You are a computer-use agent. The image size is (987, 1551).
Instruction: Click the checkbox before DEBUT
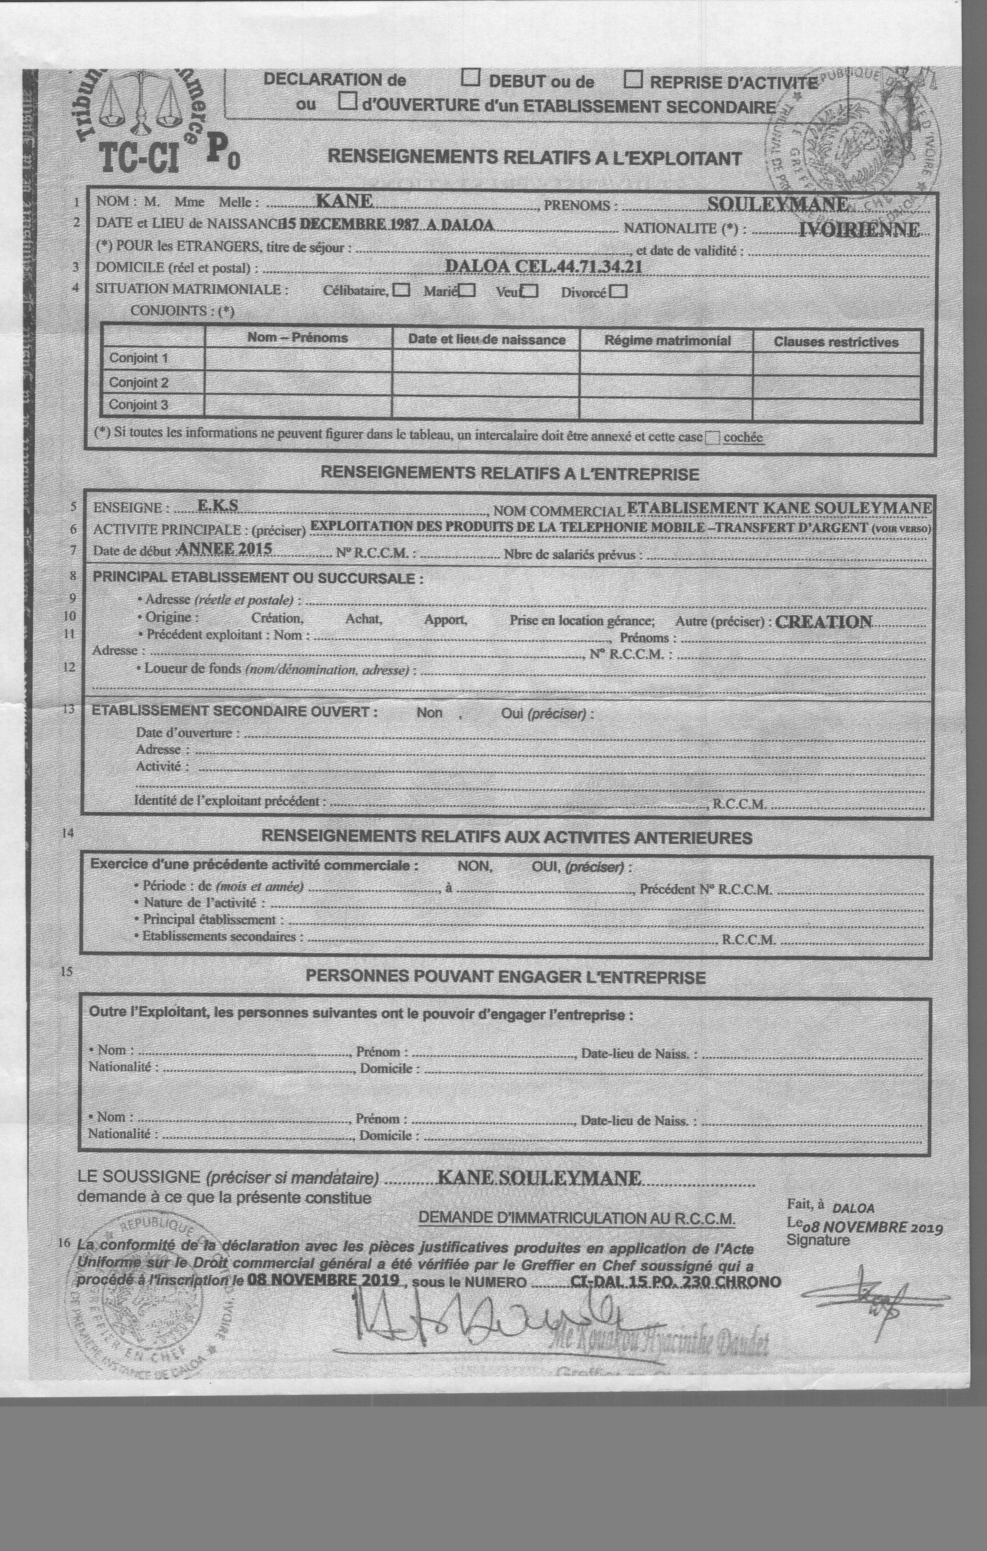(471, 78)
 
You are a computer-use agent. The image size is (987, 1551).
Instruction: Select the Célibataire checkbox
(402, 290)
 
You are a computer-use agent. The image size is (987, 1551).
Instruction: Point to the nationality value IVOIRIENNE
(859, 230)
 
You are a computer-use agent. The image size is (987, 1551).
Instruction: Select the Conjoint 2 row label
(138, 382)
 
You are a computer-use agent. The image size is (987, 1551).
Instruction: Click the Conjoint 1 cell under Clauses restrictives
(836, 363)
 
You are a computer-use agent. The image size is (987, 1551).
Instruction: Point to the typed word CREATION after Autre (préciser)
(823, 622)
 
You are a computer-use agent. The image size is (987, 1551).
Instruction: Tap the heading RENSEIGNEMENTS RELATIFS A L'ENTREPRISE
(509, 473)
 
